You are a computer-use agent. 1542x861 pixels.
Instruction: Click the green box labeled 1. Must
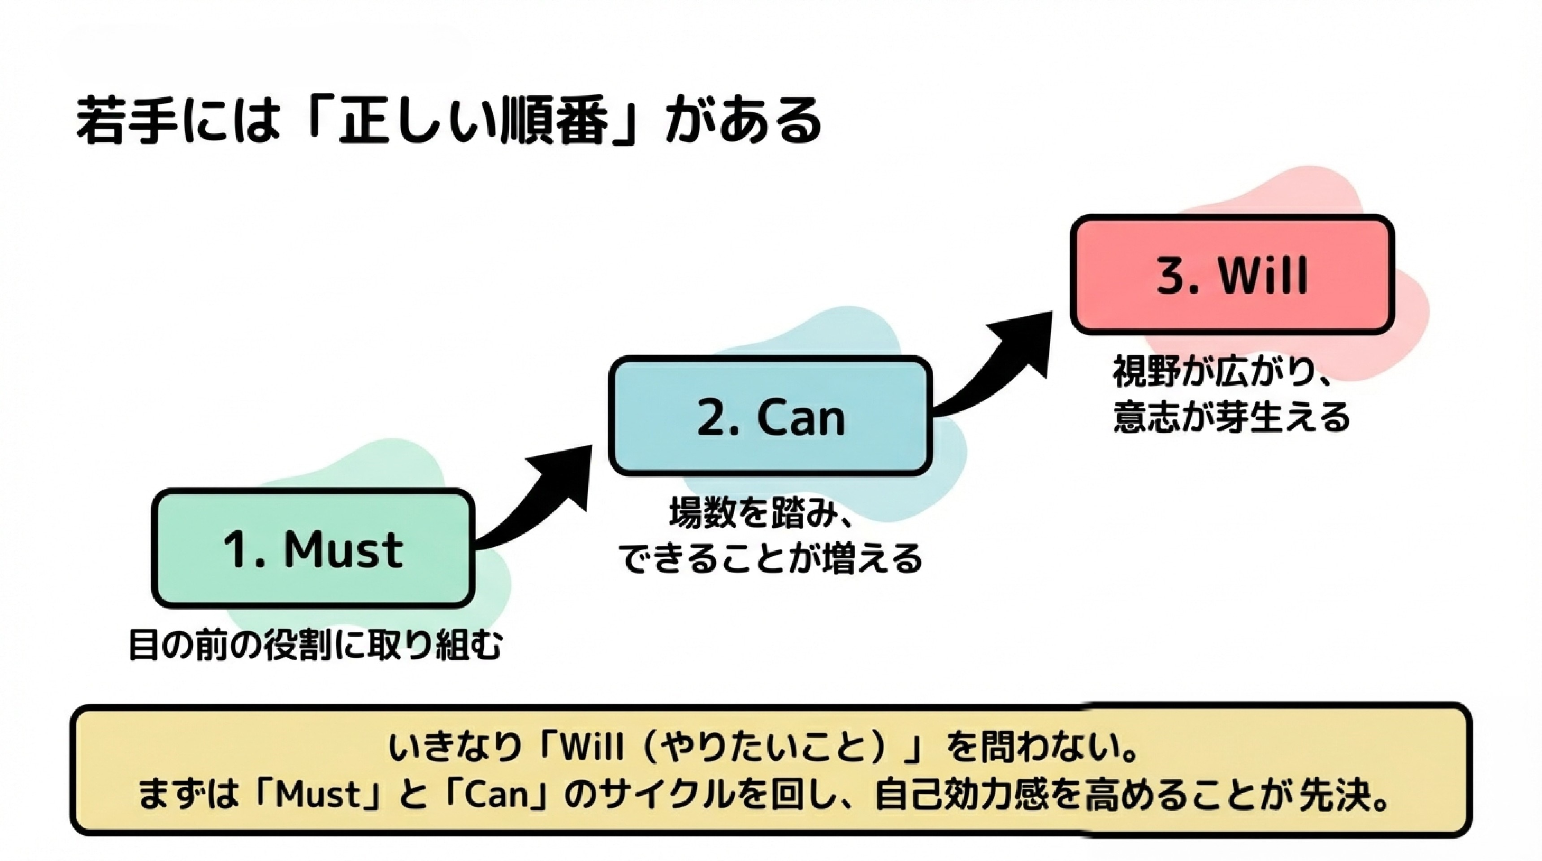(x=313, y=548)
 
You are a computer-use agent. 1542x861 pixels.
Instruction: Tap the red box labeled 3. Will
(x=1232, y=275)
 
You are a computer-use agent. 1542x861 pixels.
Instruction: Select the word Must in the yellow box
(x=317, y=795)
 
